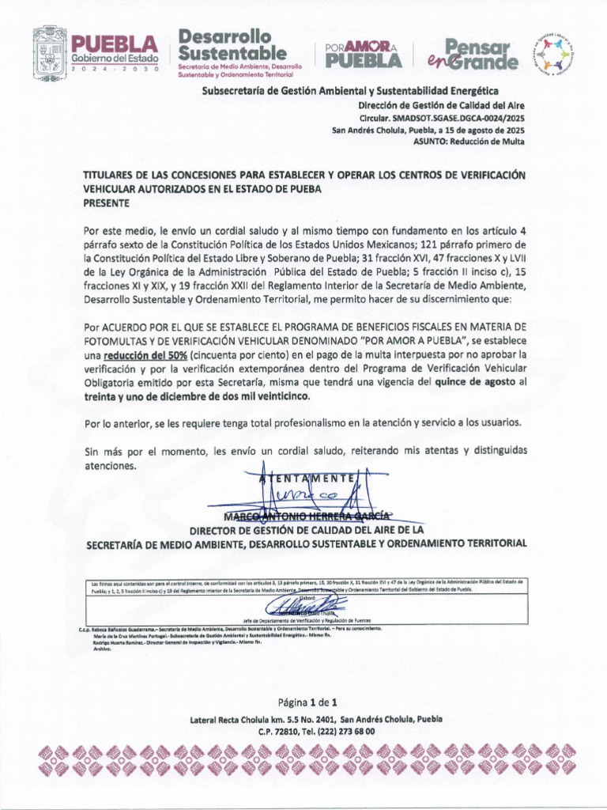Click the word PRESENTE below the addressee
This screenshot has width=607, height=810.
coord(107,203)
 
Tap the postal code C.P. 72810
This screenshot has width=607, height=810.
coord(282,732)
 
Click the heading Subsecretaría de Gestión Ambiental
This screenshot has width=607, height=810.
coord(350,91)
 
